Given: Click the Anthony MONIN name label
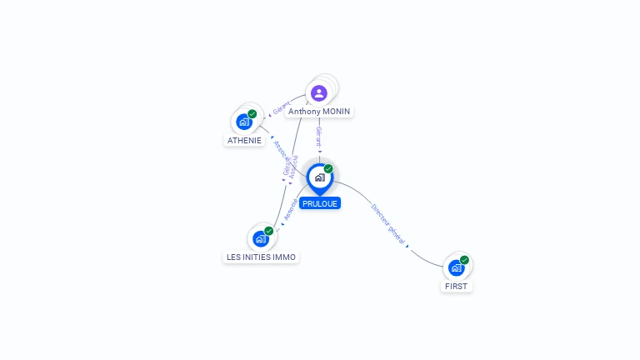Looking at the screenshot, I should [x=319, y=112].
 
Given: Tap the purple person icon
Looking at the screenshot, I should [x=319, y=92].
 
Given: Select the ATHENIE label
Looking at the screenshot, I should [x=244, y=140].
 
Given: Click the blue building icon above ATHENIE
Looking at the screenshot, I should [x=243, y=122].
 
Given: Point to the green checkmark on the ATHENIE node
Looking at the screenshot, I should [x=252, y=114].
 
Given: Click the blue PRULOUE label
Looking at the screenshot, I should [x=320, y=203].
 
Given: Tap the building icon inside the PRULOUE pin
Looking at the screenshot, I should [x=319, y=177].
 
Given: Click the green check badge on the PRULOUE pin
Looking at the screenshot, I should [x=328, y=169].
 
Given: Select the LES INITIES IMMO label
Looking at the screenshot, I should [x=261, y=257].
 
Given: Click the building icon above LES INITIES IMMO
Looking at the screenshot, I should [x=261, y=239].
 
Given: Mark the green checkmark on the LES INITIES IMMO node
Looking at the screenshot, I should [x=269, y=231].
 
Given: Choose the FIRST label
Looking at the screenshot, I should [x=457, y=286].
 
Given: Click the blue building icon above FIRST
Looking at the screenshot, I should [x=456, y=267].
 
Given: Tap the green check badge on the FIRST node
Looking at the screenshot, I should [x=465, y=260].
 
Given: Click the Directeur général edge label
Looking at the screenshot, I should [x=387, y=224].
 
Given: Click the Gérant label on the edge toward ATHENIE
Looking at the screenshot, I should [x=281, y=107].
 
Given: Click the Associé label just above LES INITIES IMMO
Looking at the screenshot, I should [x=290, y=209].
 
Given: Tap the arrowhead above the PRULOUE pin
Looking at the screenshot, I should [x=319, y=152].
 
